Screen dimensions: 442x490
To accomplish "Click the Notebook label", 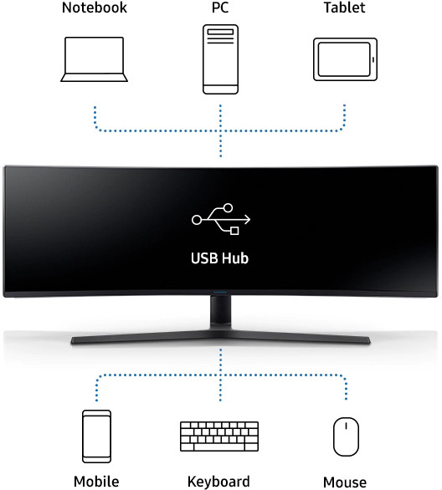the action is click(x=95, y=8).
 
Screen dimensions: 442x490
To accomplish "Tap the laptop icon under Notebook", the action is click(x=94, y=59).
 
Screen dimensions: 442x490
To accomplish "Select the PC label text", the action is click(x=220, y=8).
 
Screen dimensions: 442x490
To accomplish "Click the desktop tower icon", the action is click(x=220, y=59).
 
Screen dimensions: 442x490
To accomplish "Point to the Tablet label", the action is click(x=344, y=8).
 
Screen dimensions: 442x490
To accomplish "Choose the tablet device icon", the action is click(x=346, y=59).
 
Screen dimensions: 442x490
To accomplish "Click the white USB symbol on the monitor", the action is click(x=221, y=219).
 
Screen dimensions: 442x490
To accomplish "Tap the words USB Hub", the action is click(x=220, y=258).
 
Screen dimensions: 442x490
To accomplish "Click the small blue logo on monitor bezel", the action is click(x=220, y=292).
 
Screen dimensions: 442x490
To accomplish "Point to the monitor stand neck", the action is click(x=220, y=313).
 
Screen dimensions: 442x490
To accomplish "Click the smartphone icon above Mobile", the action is click(x=96, y=436).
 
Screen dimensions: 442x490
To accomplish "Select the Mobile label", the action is click(x=96, y=482).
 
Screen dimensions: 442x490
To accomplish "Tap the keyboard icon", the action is click(x=219, y=436).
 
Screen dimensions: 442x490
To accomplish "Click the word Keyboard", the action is click(x=218, y=482).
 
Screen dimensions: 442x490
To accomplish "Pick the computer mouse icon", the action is click(x=346, y=436).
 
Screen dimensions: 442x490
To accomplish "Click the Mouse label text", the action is click(x=345, y=482).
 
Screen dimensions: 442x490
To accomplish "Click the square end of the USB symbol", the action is click(x=234, y=231).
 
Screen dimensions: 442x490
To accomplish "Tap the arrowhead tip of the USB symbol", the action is click(x=250, y=220).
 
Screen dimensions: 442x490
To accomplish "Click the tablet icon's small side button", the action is click(x=373, y=59).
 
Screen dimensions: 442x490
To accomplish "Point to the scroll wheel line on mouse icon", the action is click(x=346, y=426).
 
